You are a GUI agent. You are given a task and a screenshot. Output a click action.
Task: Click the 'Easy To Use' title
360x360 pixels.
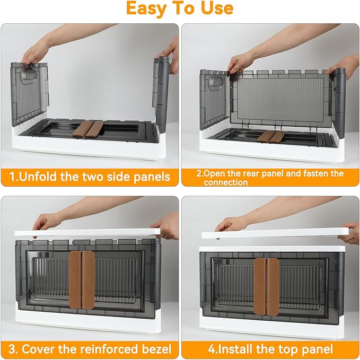coord(180,8)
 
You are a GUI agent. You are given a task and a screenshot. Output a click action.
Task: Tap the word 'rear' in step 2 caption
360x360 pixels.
coord(254,173)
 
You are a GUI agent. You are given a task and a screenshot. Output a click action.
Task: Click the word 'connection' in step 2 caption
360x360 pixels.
coord(226,182)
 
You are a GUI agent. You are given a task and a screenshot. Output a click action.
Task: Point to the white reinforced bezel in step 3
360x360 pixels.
coord(90,233)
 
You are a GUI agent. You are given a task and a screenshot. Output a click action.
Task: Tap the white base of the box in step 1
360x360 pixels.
coord(85,151)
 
